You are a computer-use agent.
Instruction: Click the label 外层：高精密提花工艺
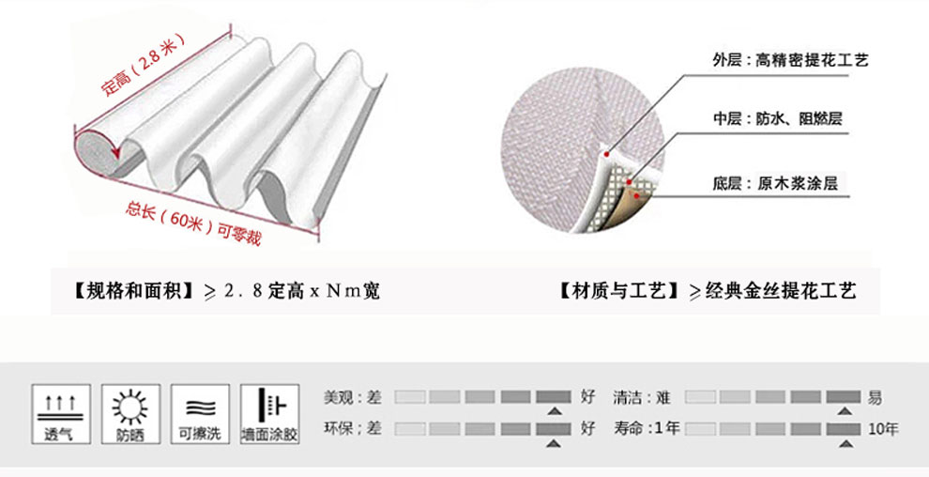point(790,60)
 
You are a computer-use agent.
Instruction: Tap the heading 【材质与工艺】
point(619,292)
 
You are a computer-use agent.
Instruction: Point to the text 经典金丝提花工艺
point(779,292)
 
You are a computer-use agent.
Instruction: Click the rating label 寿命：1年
point(647,429)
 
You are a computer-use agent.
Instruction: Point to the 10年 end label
point(883,429)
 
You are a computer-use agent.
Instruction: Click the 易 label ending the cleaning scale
point(875,397)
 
